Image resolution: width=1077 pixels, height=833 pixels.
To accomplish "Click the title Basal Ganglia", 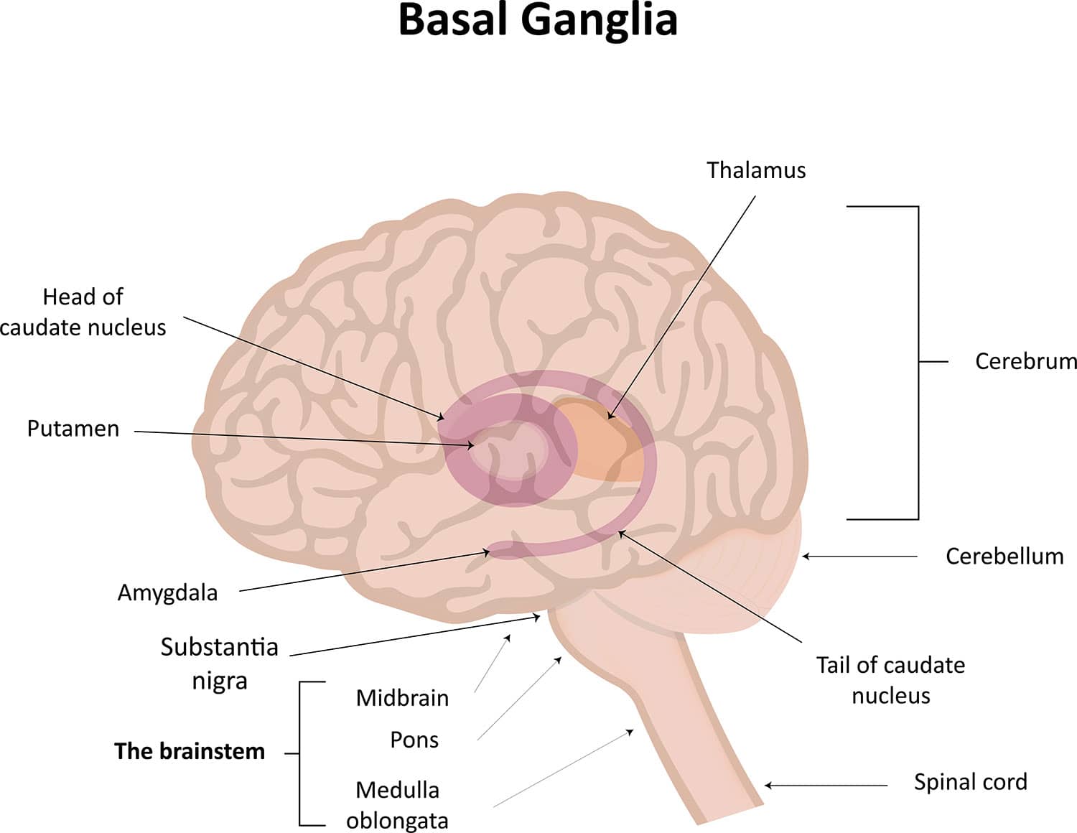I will pyautogui.click(x=538, y=20).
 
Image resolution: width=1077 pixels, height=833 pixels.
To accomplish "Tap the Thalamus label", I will pyautogui.click(x=755, y=170).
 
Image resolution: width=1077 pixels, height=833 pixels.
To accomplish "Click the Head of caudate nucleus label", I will pyautogui.click(x=83, y=312).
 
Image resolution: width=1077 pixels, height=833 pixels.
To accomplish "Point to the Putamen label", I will pyautogui.click(x=73, y=429).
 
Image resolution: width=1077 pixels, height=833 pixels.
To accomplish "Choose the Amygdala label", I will pyautogui.click(x=167, y=592).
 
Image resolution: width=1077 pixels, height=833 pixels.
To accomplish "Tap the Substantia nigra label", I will pyautogui.click(x=219, y=663).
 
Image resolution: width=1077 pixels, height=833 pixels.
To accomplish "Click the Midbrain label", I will pyautogui.click(x=402, y=697).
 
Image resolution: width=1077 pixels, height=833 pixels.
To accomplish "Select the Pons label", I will pyautogui.click(x=414, y=740).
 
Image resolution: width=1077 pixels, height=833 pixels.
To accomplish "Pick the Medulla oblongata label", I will pyautogui.click(x=397, y=804).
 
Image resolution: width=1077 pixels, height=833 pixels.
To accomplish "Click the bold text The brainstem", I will pyautogui.click(x=190, y=751).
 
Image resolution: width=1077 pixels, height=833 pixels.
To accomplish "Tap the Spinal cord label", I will pyautogui.click(x=970, y=781).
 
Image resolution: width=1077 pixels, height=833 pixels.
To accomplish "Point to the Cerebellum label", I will pyautogui.click(x=1004, y=556).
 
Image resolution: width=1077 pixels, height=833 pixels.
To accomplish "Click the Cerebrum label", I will pyautogui.click(x=1025, y=361).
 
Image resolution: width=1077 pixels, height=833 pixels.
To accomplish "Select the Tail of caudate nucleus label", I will pyautogui.click(x=890, y=679).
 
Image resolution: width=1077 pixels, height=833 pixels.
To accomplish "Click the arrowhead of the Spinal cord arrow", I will pyautogui.click(x=768, y=786).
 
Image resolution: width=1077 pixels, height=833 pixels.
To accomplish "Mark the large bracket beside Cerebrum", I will pyautogui.click(x=918, y=363).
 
